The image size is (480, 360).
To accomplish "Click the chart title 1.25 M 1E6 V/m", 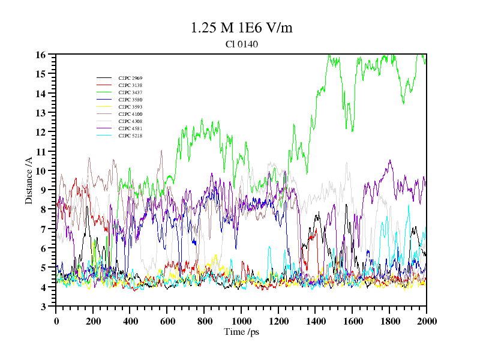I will tap(241, 28).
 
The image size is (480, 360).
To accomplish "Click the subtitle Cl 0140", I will tap(242, 44).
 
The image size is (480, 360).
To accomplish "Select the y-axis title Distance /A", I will tap(29, 181).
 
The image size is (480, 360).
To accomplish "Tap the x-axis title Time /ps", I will tap(241, 332).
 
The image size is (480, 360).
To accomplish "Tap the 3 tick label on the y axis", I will tap(43, 307).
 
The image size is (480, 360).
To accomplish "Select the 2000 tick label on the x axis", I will tap(426, 321).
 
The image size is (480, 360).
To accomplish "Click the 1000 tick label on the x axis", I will tap(241, 321).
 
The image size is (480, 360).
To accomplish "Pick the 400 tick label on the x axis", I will tap(130, 321).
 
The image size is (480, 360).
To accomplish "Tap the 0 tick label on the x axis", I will tap(56, 321).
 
